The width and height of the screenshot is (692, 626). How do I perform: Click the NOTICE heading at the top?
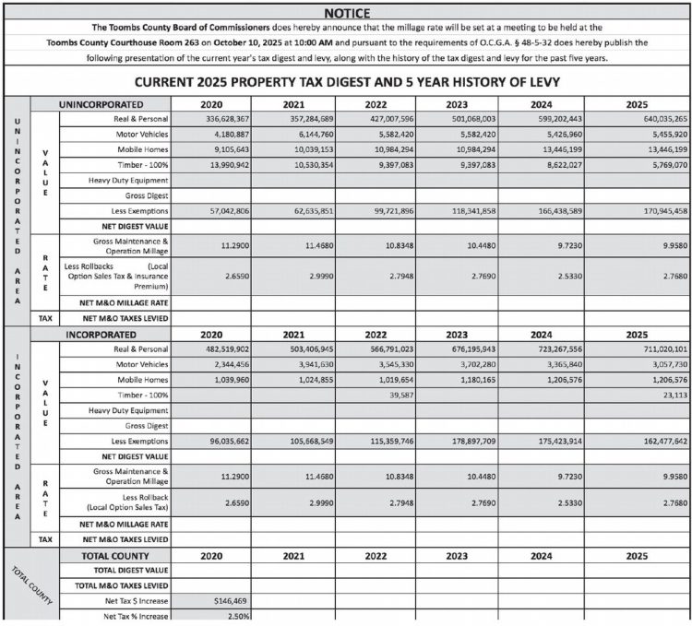point(346,13)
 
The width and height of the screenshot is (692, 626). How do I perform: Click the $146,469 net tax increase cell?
point(231,601)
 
